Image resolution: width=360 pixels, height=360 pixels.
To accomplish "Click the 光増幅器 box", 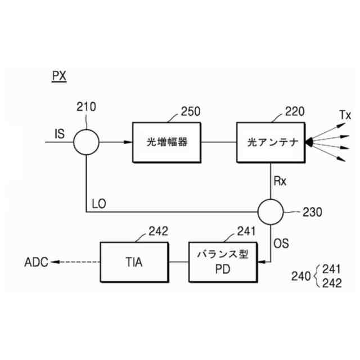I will point(167,142).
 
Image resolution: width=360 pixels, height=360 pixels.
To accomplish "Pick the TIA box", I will point(134,262).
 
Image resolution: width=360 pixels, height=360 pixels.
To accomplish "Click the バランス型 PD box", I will point(222,262).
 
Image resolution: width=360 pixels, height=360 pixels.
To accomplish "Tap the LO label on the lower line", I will point(98,202).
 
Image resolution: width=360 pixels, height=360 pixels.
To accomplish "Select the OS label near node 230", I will point(281,244).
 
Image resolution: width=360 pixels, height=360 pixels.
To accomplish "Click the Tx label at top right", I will point(345,115).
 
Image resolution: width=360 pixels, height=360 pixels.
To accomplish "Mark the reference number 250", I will point(191,111).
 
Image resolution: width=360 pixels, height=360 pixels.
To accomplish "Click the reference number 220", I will point(295,111).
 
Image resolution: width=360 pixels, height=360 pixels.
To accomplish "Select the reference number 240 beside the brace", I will point(301,276).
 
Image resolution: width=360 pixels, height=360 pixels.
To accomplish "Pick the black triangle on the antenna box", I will point(309,143).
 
